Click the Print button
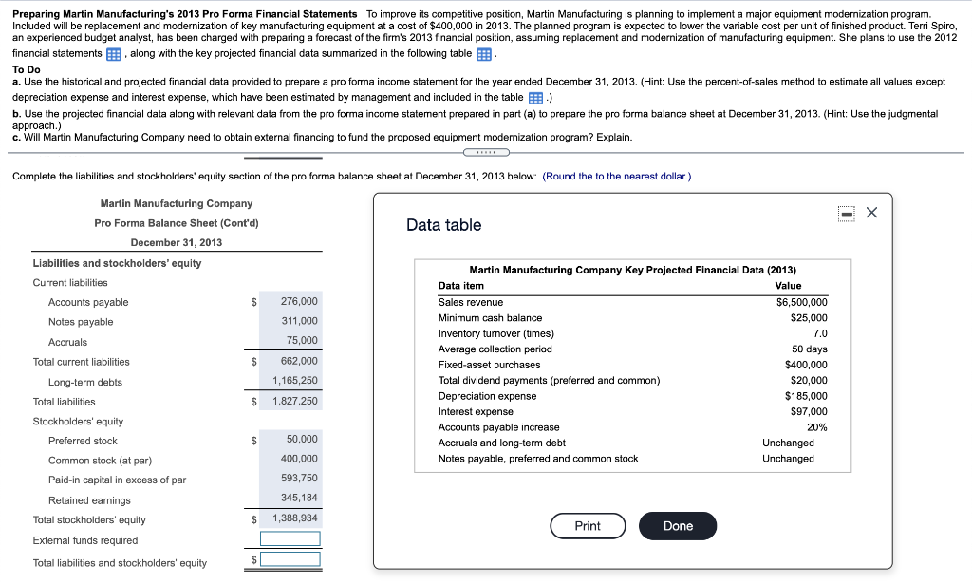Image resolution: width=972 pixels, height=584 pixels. [588, 526]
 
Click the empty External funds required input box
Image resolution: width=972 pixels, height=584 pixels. [290, 539]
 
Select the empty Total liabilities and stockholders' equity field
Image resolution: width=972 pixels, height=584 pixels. [290, 559]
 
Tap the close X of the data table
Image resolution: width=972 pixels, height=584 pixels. [872, 214]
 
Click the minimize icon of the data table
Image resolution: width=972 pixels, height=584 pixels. [847, 214]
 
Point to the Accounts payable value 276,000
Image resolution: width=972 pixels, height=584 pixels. [299, 301]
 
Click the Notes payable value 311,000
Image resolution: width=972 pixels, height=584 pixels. [299, 321]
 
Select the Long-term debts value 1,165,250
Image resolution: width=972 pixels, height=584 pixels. [295, 381]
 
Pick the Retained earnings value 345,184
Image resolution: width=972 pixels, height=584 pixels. [299, 498]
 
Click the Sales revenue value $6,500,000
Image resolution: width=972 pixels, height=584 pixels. [801, 302]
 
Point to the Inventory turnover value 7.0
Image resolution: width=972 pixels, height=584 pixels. [819, 333]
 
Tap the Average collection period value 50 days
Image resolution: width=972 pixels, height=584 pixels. [808, 349]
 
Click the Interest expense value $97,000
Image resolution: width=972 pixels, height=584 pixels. [808, 411]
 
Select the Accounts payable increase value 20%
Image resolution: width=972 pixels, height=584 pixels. [816, 427]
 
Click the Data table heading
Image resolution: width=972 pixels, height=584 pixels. [443, 225]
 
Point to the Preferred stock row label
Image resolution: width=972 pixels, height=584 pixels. [83, 441]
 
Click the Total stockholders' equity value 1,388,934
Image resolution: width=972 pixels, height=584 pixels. [295, 518]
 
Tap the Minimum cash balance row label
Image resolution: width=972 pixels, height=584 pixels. [490, 318]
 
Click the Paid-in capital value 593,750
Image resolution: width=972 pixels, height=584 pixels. [299, 478]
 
